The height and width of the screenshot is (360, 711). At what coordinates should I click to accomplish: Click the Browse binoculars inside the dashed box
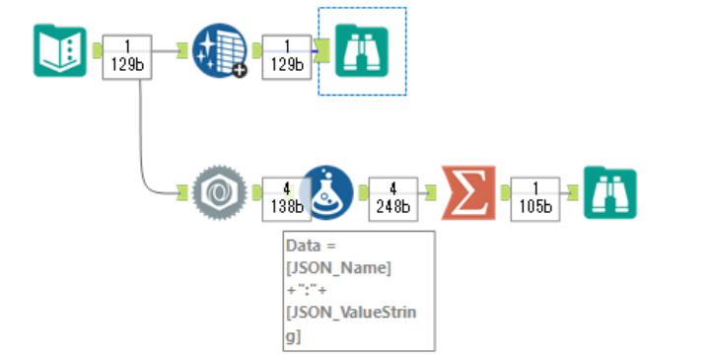pos(361,51)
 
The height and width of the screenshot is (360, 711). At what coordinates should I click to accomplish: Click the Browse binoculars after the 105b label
pos(608,192)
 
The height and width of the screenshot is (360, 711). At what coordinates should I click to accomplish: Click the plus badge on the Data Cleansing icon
pos(239,72)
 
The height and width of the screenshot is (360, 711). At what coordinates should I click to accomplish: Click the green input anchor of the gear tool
pos(181,192)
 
